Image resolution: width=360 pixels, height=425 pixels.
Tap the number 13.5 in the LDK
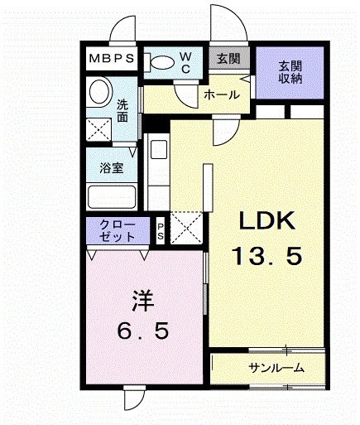pos(266,256)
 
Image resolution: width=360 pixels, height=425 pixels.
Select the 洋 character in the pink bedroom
pos(142,298)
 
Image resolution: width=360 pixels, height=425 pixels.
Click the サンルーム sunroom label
pos(275,368)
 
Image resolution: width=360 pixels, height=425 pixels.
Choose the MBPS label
pos(113,60)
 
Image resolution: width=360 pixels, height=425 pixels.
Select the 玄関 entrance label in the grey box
pos(228,59)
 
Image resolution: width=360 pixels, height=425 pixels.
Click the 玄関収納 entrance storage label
pos(290,71)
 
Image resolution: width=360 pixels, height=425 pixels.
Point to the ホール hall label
pos(221,95)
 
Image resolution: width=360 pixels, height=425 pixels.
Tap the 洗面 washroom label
pos(122,111)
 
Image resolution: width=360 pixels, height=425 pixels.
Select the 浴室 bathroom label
pos(112,168)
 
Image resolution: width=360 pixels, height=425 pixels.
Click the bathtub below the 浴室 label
pos(112,198)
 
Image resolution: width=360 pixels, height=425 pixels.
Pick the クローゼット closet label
pos(117,230)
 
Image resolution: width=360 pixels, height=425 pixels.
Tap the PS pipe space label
pos(161,230)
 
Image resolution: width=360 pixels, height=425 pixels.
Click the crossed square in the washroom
pos(101,128)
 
